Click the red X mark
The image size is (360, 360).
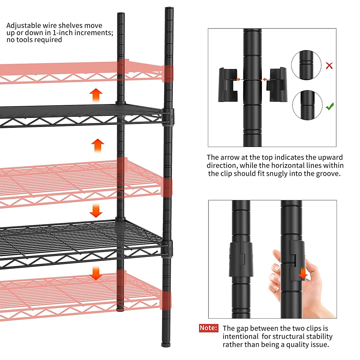pos(329,65)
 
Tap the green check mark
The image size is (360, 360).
pos(330,106)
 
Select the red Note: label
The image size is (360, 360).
pos(208,328)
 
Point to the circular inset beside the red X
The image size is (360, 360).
pos(306,65)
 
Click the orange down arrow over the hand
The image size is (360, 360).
pos(303,273)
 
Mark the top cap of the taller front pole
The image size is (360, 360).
pos(169,9)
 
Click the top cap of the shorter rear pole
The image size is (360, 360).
pos(121,14)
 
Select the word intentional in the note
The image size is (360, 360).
pos(240,337)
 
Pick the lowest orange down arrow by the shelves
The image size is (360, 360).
pos(96,273)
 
